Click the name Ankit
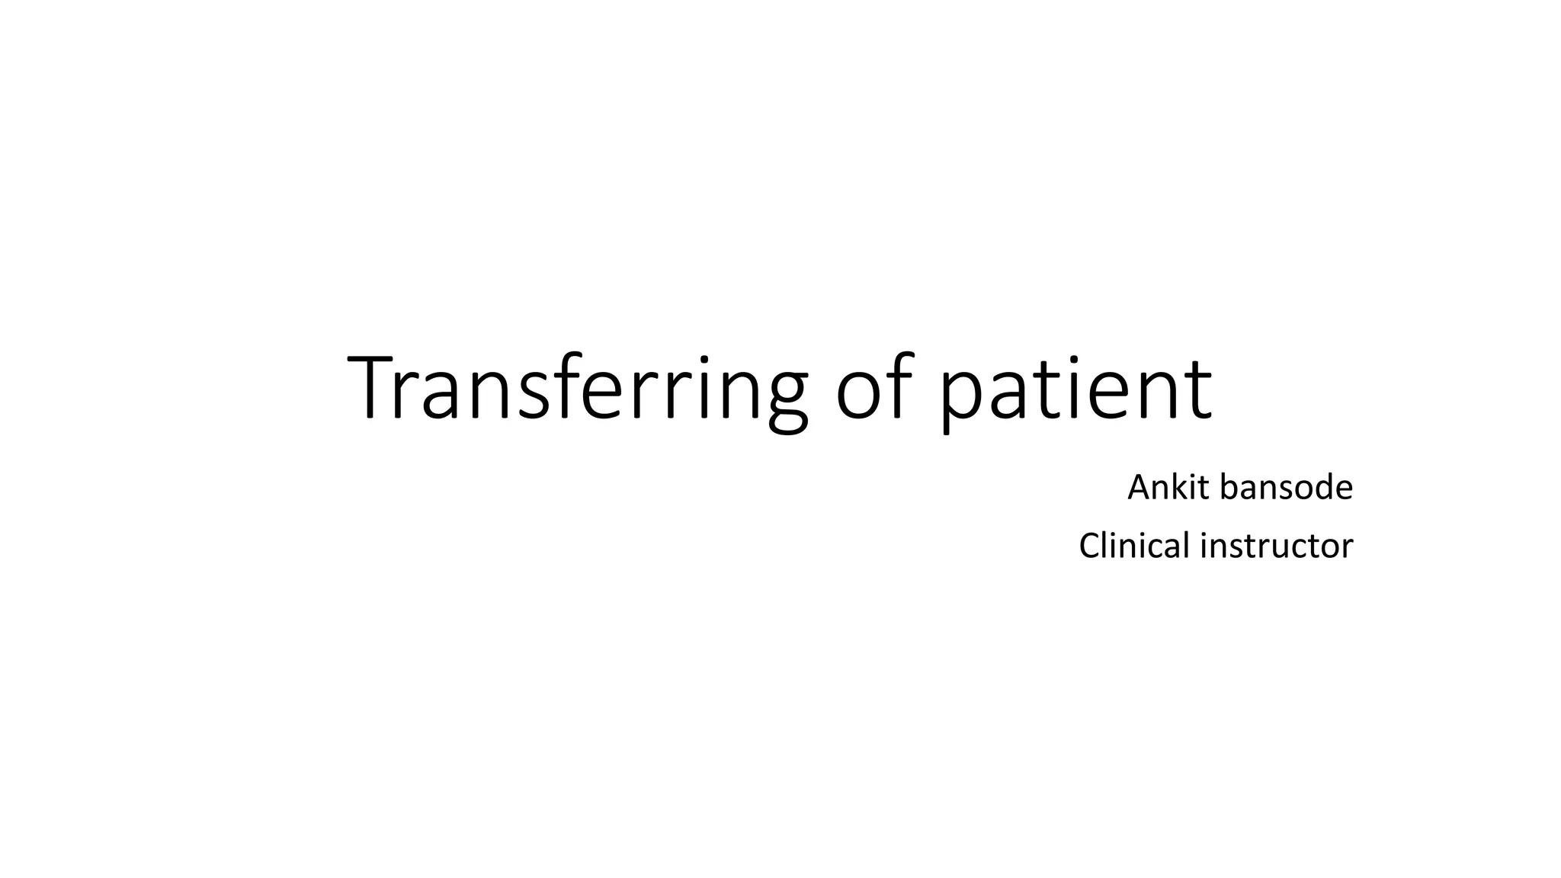1169,487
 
